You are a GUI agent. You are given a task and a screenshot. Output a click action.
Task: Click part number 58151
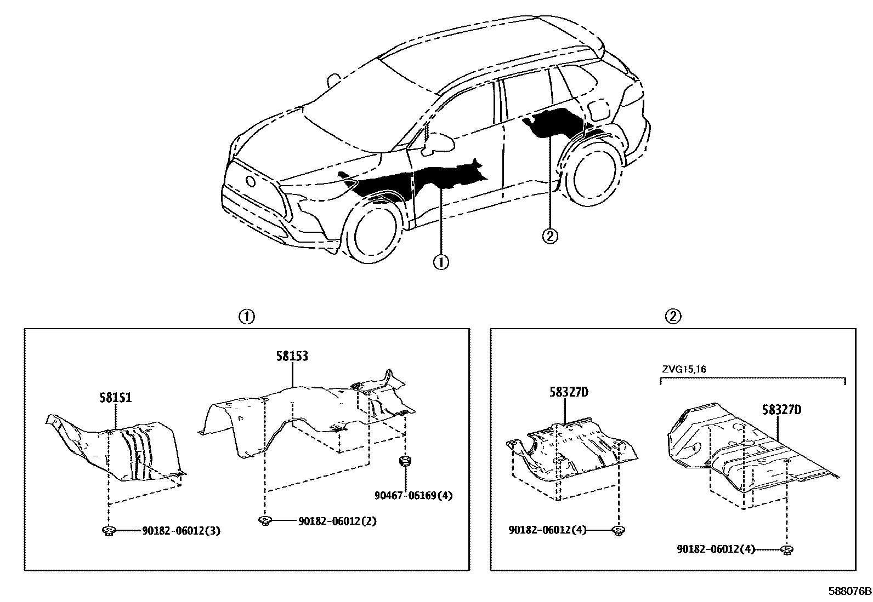point(116,398)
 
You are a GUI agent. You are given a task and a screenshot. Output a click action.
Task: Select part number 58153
point(291,357)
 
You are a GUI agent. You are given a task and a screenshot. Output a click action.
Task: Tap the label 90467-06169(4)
point(414,496)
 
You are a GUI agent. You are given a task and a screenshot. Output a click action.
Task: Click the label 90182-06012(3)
point(181,531)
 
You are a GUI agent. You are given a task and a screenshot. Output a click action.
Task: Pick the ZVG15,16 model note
point(683,369)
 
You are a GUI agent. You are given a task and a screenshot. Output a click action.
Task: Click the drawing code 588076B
point(849,592)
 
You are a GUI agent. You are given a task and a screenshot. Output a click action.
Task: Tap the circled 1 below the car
point(441,262)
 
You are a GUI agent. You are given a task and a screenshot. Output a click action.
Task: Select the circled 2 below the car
point(550,236)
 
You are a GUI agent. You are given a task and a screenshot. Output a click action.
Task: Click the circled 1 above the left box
point(246,316)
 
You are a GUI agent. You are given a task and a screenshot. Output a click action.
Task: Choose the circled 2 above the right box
point(673,316)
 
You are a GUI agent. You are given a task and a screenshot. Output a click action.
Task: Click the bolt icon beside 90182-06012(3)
point(108,530)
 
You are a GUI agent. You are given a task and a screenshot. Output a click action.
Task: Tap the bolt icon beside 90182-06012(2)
point(265,520)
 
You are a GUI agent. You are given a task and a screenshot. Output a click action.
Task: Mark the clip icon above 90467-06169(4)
point(405,462)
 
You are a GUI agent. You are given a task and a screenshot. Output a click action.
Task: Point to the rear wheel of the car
point(593,174)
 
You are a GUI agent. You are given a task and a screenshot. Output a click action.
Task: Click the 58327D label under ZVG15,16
point(781,409)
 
